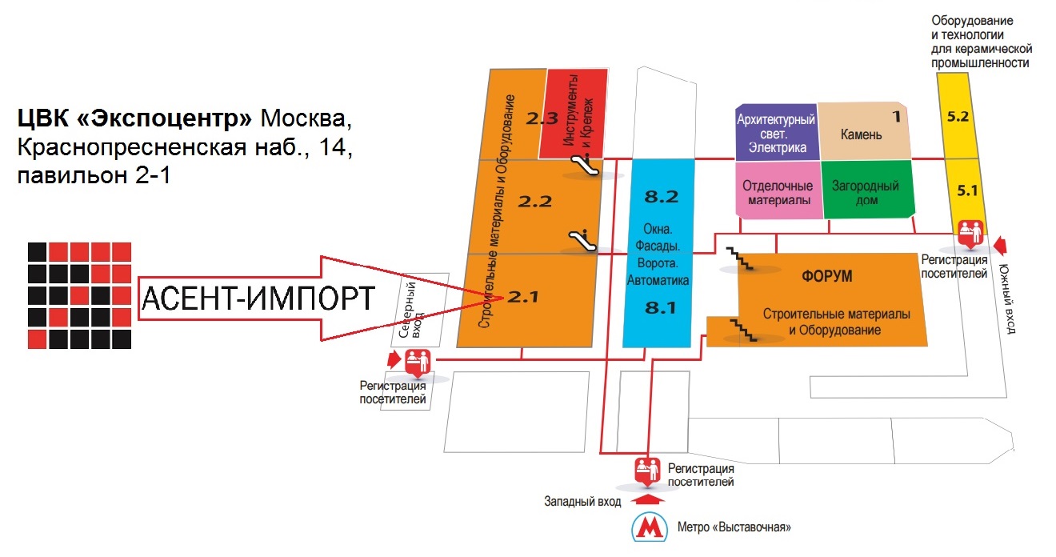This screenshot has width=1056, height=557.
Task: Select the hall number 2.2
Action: tap(534, 201)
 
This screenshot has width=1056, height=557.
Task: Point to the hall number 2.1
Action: tap(524, 297)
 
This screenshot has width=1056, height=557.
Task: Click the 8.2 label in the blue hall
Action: tap(661, 196)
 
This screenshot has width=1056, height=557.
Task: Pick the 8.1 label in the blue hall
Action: tap(661, 307)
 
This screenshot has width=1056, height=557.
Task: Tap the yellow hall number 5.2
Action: tap(958, 116)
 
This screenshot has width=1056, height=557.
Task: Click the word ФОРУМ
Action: tap(826, 277)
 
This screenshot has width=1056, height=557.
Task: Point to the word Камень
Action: tap(861, 134)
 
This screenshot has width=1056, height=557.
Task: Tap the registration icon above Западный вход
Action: tap(647, 470)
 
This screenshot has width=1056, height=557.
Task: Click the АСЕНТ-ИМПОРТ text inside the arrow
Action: tap(257, 299)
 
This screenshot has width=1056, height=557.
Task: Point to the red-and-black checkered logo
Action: tap(79, 295)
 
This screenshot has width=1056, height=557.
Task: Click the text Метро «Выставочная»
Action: tap(734, 527)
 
